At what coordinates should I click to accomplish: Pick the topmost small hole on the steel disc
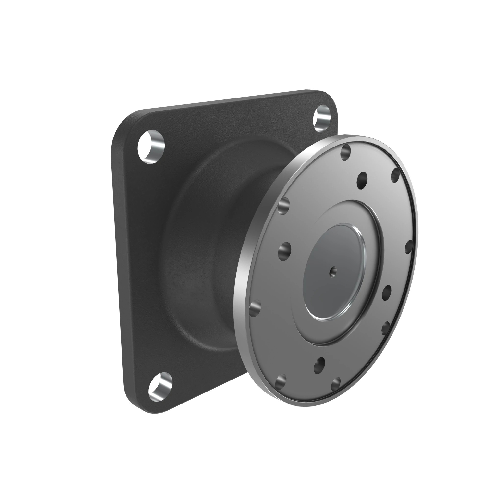[345, 152]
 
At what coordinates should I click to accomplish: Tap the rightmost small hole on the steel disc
[408, 247]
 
